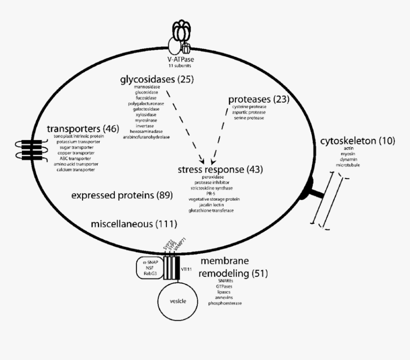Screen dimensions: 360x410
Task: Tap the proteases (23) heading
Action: point(259,99)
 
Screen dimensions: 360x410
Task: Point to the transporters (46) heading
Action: point(82,129)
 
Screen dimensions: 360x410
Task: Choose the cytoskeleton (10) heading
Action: point(357,141)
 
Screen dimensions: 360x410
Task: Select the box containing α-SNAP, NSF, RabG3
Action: point(149,268)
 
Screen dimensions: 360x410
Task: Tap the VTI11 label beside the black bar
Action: point(186,270)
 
